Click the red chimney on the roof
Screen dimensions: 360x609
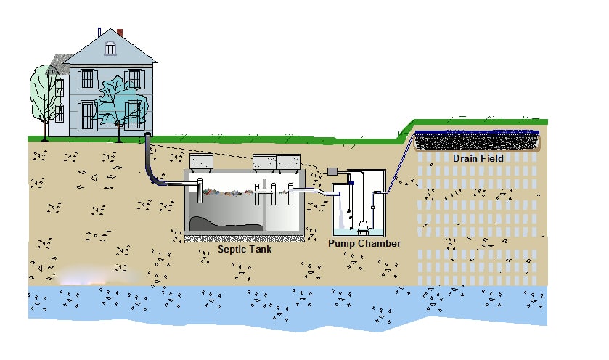[x=120, y=33]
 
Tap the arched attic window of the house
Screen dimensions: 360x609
[x=110, y=49]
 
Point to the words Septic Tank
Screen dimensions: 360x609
[x=245, y=250]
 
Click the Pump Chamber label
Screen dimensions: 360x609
[x=364, y=244]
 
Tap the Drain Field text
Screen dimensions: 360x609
[x=478, y=158]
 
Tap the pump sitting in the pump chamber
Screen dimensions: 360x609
[x=360, y=225]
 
